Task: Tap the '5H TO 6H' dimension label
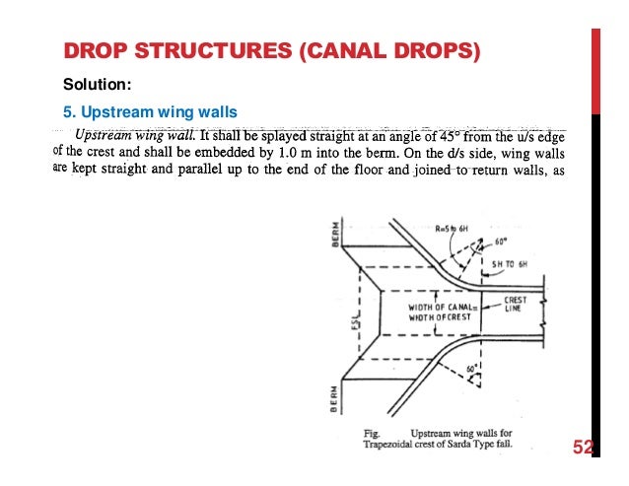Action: (x=512, y=265)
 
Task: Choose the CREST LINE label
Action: (x=518, y=303)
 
